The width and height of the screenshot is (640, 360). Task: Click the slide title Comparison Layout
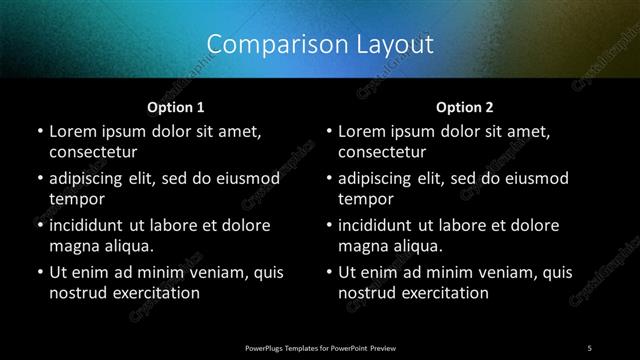coord(320,44)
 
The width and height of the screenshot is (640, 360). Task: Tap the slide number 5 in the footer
coord(590,347)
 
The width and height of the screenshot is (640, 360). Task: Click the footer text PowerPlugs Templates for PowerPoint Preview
coord(320,347)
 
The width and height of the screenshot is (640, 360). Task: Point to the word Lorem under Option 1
coord(72,132)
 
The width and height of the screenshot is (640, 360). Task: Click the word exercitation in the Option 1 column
coord(154,293)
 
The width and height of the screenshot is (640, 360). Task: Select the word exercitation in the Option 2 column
coord(444,293)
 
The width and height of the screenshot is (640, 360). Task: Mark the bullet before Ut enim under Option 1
coord(38,272)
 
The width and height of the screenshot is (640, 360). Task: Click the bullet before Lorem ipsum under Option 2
coord(328,132)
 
